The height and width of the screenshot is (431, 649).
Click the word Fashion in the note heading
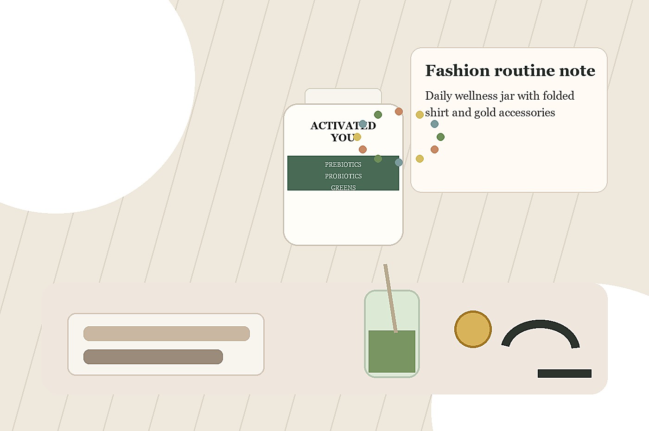click(457, 70)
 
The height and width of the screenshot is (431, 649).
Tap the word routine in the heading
click(524, 70)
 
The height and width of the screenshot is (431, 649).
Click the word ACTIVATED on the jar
click(343, 126)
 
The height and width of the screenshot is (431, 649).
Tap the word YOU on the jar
click(343, 138)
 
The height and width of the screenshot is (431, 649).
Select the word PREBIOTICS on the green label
click(343, 165)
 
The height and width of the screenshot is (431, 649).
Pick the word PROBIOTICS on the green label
click(343, 176)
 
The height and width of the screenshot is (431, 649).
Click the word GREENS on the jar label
click(343, 188)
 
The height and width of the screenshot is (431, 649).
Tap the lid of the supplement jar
click(343, 96)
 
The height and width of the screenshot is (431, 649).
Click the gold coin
click(473, 329)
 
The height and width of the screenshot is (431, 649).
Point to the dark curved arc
click(540, 324)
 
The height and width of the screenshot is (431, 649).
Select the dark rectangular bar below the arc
click(565, 374)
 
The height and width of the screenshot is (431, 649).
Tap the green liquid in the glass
click(392, 351)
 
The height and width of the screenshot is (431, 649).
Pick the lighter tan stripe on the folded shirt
click(166, 334)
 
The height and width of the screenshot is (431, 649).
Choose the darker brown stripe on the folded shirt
click(153, 356)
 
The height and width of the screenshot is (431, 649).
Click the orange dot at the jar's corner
click(399, 111)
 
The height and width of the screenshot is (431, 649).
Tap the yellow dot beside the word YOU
click(357, 137)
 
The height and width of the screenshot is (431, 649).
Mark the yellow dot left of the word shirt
click(420, 115)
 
